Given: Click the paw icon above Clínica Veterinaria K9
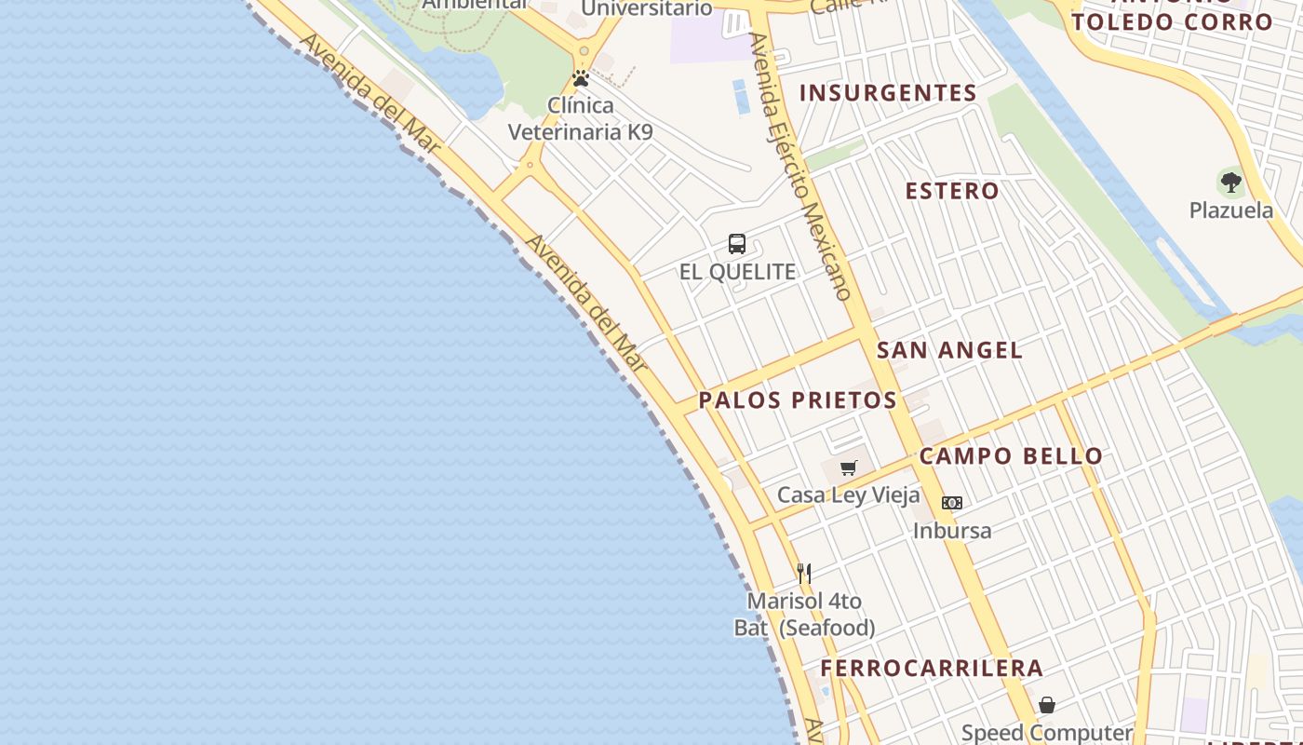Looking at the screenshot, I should point(581,78).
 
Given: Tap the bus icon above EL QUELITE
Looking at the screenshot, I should point(737,244).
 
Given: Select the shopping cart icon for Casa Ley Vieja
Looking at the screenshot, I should point(848,467).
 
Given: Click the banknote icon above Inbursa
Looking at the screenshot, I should point(951,503).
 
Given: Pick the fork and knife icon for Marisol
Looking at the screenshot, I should point(804,573).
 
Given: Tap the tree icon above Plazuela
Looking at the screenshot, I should point(1230,182).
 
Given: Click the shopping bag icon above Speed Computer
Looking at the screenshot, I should point(1047,705).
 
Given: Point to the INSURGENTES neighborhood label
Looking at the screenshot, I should point(888,93).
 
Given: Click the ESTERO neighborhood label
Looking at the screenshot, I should point(952,191).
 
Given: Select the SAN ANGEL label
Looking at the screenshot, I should point(949,350).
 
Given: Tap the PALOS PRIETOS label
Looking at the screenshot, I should point(798,400).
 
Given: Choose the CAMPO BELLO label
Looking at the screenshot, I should point(1011,456).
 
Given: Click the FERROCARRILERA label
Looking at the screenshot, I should point(932,668).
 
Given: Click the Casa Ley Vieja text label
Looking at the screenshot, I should point(848,494).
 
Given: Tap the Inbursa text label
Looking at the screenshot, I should point(951,531).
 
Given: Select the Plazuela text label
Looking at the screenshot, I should point(1230,210).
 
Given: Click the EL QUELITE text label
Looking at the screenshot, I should point(737,272).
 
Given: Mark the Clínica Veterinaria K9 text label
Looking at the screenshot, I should point(581,118).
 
